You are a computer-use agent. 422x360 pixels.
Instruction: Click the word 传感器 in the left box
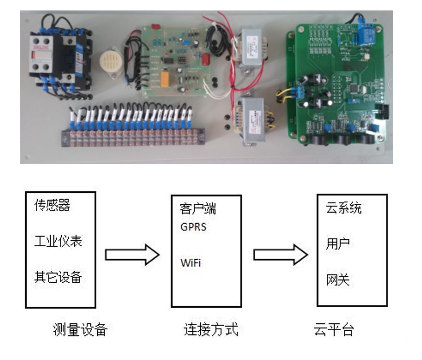[x=52, y=205]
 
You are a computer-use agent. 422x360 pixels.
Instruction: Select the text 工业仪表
[x=58, y=241]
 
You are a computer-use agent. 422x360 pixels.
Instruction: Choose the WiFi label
[x=190, y=263]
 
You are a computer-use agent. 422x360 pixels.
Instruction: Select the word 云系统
[x=343, y=208]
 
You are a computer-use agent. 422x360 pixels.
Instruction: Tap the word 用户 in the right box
[x=335, y=243]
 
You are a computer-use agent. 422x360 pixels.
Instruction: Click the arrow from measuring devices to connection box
[x=132, y=255]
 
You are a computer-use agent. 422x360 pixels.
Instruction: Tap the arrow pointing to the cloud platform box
[x=280, y=255]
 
